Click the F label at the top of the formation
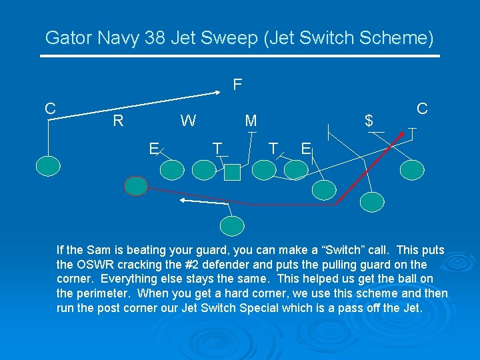pyautogui.click(x=237, y=85)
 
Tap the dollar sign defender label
pyautogui.click(x=368, y=121)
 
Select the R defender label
pyautogui.click(x=118, y=121)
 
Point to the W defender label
pyautogui.click(x=189, y=121)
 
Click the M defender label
pyautogui.click(x=251, y=121)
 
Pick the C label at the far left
pyautogui.click(x=50, y=108)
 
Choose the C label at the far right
pyautogui.click(x=422, y=108)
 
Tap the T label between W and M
pyautogui.click(x=217, y=147)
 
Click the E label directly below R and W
pyautogui.click(x=153, y=148)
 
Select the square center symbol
pyautogui.click(x=232, y=173)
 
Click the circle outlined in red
pyautogui.click(x=137, y=186)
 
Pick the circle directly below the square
pyautogui.click(x=232, y=227)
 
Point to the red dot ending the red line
pyautogui.click(x=401, y=135)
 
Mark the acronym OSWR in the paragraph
pyautogui.click(x=95, y=265)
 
